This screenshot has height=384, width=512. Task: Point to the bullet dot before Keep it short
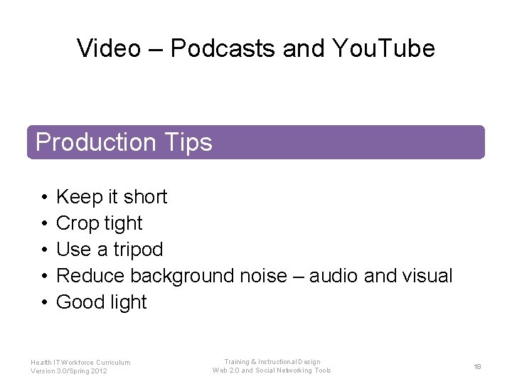(44, 197)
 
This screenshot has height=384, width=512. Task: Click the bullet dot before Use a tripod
(44, 250)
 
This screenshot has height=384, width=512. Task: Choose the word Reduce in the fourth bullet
(90, 276)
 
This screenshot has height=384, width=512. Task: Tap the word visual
(426, 276)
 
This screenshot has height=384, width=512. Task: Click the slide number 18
(477, 366)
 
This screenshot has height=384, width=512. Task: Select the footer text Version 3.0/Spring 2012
(69, 371)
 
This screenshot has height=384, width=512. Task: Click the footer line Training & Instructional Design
(272, 362)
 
